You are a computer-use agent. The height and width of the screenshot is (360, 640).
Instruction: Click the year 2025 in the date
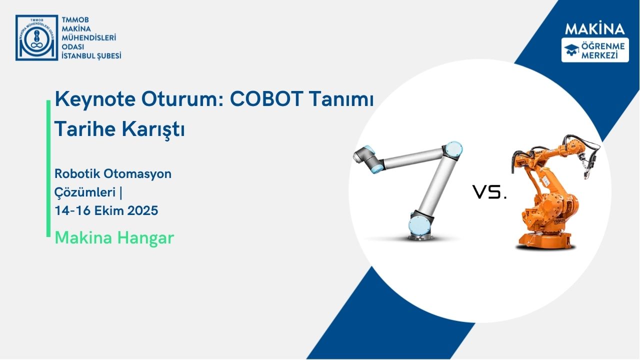coord(142,210)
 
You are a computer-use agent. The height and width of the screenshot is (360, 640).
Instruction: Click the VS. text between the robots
coord(489,192)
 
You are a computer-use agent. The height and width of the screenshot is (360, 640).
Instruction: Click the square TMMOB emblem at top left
coord(36,37)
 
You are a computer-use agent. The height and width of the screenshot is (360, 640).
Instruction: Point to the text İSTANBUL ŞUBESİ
coord(91,55)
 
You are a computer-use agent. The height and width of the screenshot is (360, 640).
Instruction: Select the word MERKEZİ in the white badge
coord(603,54)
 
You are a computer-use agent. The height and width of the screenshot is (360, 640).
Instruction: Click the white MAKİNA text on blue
coord(594,28)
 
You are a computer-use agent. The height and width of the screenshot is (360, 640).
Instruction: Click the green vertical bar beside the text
coord(48,168)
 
